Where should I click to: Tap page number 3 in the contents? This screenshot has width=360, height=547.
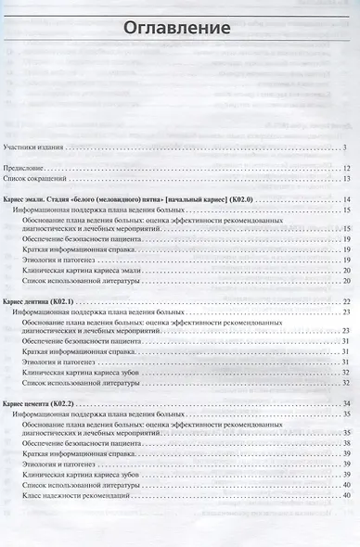(x=343, y=147)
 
